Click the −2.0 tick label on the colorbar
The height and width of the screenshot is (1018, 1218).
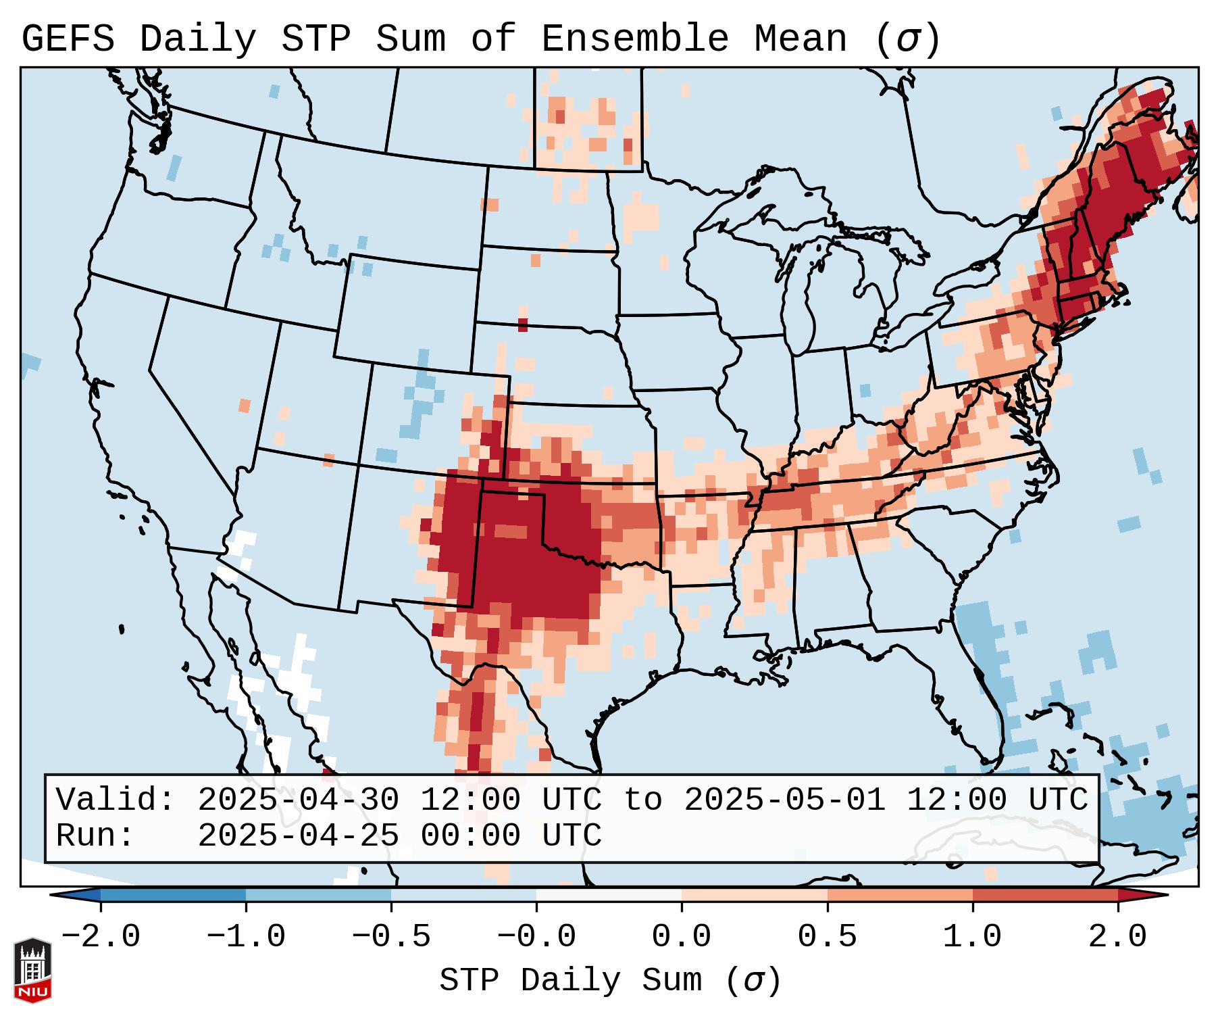[101, 937]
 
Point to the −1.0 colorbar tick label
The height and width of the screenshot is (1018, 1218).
[246, 937]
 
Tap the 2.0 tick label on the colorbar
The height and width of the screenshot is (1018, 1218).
[1118, 937]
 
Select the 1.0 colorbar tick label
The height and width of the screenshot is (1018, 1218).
[973, 937]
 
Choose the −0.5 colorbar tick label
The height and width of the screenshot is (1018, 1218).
[391, 937]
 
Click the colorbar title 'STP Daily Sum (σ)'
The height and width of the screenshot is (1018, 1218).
[610, 981]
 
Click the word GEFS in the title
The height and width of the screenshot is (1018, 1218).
[68, 39]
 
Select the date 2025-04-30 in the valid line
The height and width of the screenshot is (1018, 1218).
[298, 800]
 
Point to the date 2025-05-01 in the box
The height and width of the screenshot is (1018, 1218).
[784, 800]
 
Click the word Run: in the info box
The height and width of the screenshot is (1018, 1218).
[95, 836]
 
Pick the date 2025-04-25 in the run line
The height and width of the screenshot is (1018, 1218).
[298, 836]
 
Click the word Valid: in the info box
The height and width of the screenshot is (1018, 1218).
[116, 800]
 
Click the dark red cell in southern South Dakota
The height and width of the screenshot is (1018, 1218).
[522, 324]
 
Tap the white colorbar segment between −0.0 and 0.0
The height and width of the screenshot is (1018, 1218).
[609, 894]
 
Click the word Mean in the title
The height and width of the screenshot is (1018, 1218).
[801, 39]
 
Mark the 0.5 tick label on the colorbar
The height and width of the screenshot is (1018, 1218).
[828, 937]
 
